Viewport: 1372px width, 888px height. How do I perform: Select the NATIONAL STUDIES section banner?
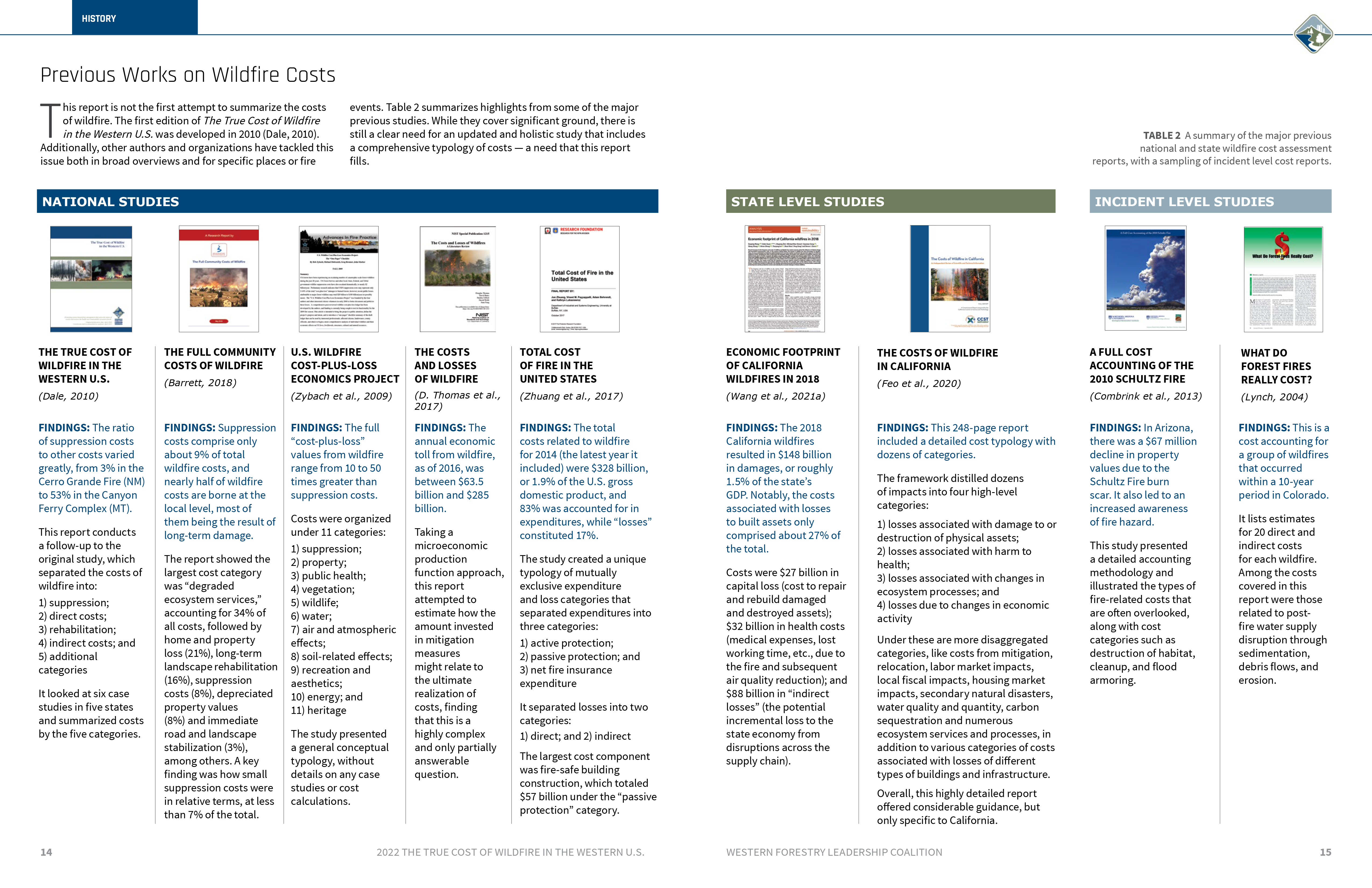(347, 201)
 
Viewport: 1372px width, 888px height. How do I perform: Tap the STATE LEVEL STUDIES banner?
(890, 201)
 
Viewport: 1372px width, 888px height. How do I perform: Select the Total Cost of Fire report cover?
(579, 279)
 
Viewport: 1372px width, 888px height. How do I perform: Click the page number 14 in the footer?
(46, 852)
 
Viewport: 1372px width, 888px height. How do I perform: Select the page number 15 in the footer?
(1325, 852)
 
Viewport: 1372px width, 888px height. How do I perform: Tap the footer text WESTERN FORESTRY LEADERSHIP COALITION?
(834, 852)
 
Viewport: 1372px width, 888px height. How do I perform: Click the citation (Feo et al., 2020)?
(918, 383)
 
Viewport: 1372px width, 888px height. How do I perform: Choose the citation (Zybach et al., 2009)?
(341, 396)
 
